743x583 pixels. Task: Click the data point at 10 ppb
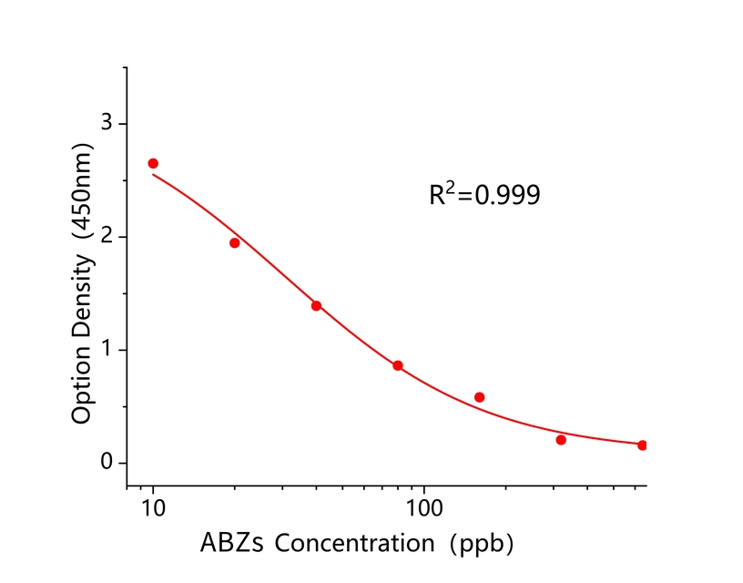153,163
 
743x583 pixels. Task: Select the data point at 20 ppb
234,243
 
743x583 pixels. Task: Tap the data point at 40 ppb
316,305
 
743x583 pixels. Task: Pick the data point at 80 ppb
398,365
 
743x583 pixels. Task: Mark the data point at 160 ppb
480,397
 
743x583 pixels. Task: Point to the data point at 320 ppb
561,440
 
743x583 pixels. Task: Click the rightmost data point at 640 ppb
642,445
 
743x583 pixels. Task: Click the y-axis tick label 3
108,124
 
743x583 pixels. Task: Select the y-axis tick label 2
108,237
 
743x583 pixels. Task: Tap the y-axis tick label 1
108,350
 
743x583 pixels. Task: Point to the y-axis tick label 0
108,463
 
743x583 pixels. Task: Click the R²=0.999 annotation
484,194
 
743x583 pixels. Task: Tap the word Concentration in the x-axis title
354,544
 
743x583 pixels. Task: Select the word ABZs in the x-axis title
232,544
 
